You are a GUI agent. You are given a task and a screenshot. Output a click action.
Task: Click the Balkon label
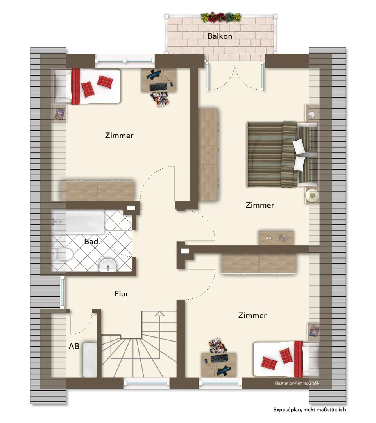tap(220, 36)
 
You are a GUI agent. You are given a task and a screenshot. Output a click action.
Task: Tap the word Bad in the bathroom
tap(91, 241)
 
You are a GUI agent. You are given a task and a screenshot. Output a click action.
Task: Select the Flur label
tap(122, 293)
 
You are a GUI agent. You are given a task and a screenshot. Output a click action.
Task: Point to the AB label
tap(74, 346)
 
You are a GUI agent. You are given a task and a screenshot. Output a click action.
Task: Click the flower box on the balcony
tap(221, 18)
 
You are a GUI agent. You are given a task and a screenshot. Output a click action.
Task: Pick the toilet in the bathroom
tap(62, 255)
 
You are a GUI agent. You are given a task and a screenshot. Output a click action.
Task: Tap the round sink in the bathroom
tap(108, 265)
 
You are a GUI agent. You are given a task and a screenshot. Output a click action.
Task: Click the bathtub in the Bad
tap(78, 222)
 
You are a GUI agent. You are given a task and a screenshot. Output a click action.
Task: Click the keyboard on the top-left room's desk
tap(158, 87)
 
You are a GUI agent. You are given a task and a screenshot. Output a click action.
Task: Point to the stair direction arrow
tap(159, 325)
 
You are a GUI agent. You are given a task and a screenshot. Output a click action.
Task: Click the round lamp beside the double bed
tap(312, 195)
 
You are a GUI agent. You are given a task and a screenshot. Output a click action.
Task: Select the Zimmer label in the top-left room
tap(119, 136)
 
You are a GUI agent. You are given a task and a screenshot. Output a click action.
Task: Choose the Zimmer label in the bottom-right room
tap(252, 315)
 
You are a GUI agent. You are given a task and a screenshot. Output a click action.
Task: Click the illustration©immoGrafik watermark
tap(297, 383)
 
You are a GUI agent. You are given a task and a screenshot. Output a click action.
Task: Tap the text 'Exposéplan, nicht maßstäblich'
tap(310, 410)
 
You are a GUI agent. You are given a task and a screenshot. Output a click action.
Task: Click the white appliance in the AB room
tap(90, 360)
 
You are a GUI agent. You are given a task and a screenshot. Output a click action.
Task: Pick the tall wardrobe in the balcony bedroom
tap(208, 155)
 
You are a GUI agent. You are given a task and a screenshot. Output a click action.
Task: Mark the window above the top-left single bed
tap(125, 61)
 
